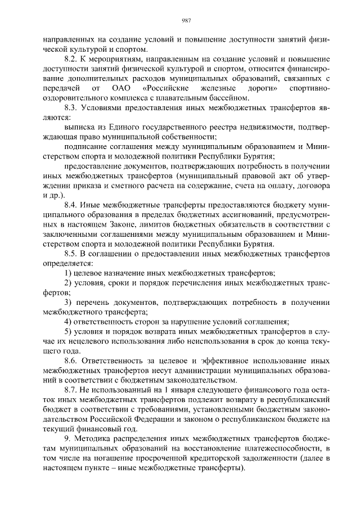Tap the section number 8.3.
pyautogui.click(x=73, y=107)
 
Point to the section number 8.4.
pyautogui.click(x=73, y=205)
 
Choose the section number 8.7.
pyautogui.click(x=73, y=389)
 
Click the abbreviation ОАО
pyautogui.click(x=121, y=88)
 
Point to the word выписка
pyautogui.click(x=80, y=127)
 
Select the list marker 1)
pyautogui.click(x=68, y=273)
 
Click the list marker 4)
pyautogui.click(x=68, y=322)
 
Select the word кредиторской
pyautogui.click(x=198, y=457)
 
